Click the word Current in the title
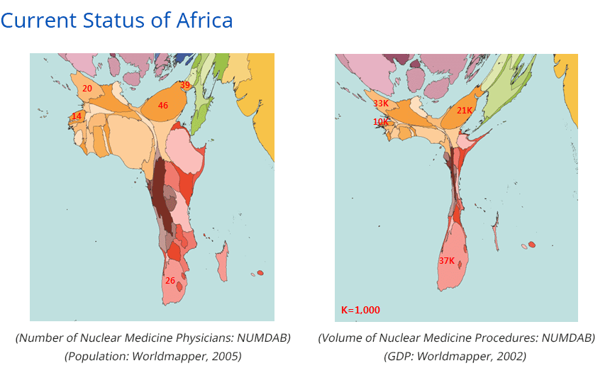click(x=36, y=20)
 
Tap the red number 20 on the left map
click(x=87, y=89)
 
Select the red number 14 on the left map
click(x=77, y=116)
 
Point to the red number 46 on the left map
click(x=163, y=106)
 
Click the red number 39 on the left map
click(x=185, y=85)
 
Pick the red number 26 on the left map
click(x=170, y=281)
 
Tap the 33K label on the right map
click(x=381, y=104)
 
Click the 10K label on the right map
click(x=381, y=122)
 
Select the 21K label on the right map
click(x=465, y=111)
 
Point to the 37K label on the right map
click(x=447, y=261)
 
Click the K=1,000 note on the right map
click(x=360, y=310)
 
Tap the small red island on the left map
click(x=260, y=273)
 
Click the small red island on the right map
click(x=532, y=245)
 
